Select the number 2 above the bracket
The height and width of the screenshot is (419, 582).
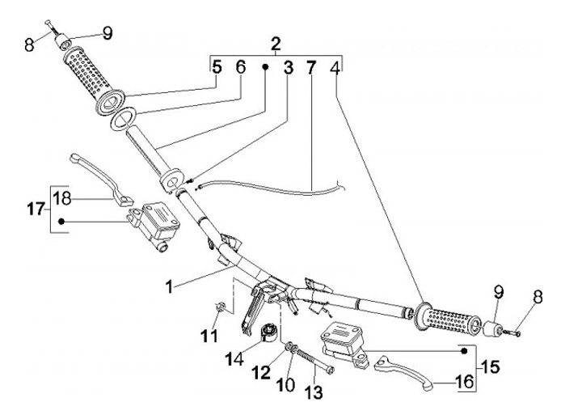point(276,42)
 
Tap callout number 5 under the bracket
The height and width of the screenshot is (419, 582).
point(216,69)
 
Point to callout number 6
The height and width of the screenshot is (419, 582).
point(240,69)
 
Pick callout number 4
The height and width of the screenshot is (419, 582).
point(334,69)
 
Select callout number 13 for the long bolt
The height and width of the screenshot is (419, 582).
point(314,392)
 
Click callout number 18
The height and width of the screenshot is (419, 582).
point(62,197)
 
